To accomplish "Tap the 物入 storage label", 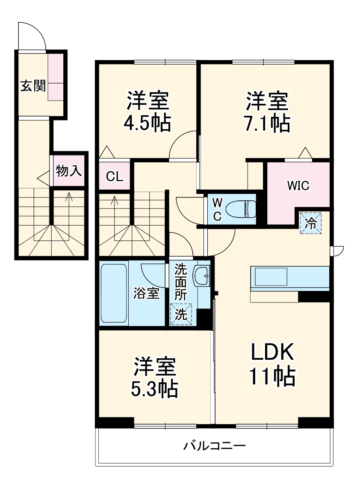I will tap(68, 171).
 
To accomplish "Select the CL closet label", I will tap(115, 176).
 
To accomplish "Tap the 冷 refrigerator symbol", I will tap(311, 223).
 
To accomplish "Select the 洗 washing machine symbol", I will tap(181, 314).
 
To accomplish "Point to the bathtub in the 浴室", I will tap(113, 294).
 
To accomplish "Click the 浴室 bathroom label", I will tap(146, 294).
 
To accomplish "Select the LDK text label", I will tap(272, 353).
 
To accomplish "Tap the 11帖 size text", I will tap(272, 377).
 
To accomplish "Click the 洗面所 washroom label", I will tap(181, 282).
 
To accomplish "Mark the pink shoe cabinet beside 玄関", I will tap(56, 77).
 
